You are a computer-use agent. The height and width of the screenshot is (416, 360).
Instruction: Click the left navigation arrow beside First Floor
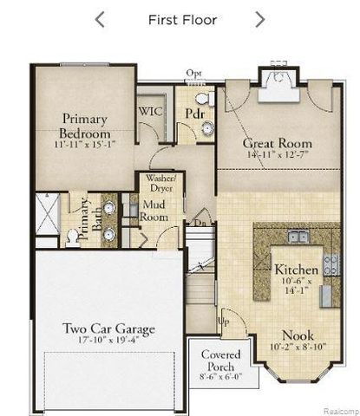[100, 19]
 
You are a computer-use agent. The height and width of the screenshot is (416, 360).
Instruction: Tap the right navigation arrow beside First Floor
[259, 19]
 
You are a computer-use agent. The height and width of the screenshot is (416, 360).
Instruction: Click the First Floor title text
[182, 19]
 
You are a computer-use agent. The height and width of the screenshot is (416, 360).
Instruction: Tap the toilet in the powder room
[200, 99]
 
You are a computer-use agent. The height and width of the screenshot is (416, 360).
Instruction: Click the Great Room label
[277, 143]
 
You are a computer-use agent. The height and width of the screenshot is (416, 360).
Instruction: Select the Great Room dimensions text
[277, 155]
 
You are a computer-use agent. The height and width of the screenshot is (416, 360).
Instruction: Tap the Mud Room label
[153, 211]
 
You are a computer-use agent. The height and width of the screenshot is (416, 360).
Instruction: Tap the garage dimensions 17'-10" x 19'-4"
[108, 341]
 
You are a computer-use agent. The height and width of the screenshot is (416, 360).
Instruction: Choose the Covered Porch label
[220, 361]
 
